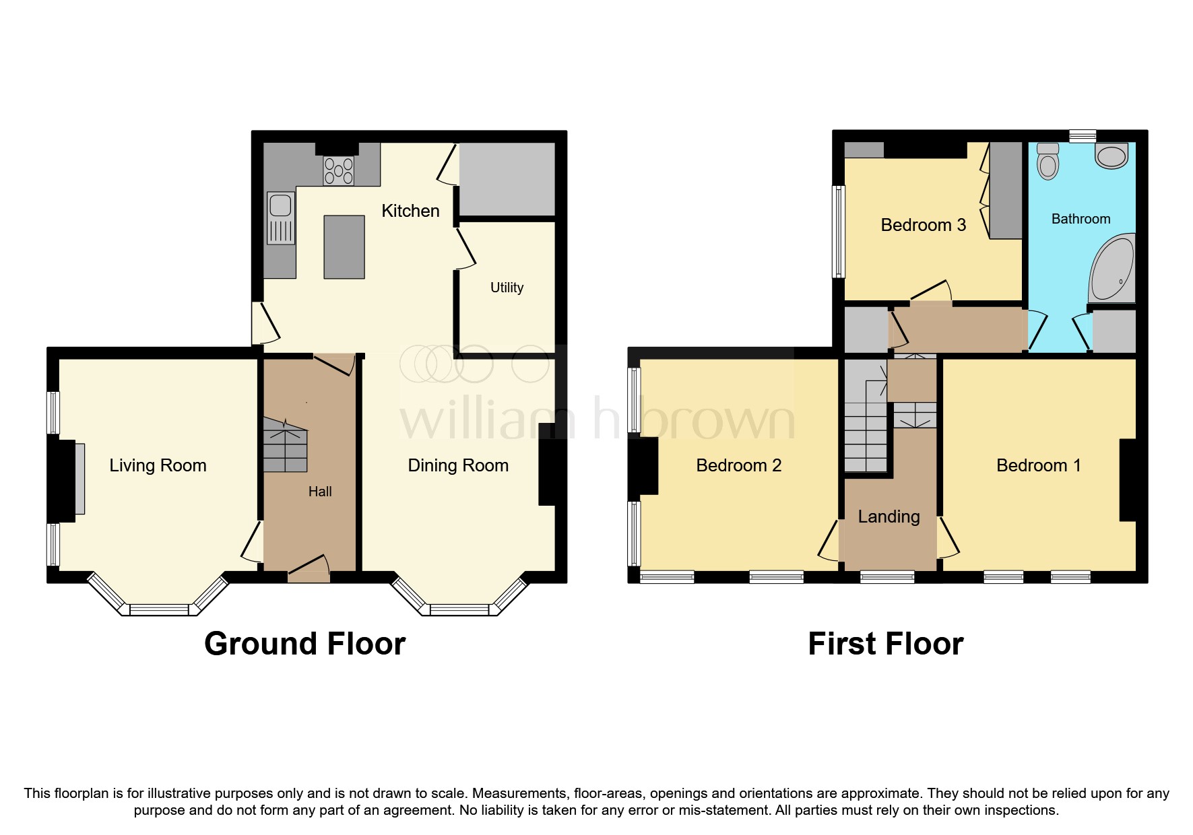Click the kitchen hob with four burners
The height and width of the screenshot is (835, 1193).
click(338, 170)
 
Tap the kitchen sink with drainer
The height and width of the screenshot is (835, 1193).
click(280, 218)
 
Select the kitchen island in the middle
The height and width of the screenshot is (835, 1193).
click(344, 246)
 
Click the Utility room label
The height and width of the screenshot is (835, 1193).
click(507, 288)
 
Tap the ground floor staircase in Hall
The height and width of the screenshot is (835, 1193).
click(284, 444)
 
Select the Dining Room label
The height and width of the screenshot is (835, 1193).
click(458, 465)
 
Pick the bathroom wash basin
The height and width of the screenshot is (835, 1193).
click(1111, 156)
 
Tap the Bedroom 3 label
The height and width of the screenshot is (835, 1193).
click(923, 225)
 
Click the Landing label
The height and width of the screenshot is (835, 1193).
click(889, 516)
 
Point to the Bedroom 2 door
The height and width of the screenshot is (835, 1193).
click(829, 541)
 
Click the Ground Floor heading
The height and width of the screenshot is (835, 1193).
click(304, 644)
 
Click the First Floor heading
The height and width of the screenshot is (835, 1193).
click(885, 644)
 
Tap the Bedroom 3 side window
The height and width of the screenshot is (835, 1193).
click(839, 232)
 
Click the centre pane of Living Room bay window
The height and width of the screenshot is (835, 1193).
click(159, 610)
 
